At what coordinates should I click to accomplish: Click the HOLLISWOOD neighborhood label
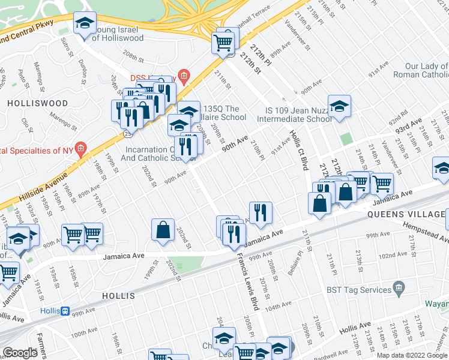[x=37, y=103]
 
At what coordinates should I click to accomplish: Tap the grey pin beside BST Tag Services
[x=397, y=289]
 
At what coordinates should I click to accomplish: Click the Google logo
[x=20, y=353]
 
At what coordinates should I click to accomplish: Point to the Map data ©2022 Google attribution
[x=412, y=355]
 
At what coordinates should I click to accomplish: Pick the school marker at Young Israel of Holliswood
[x=85, y=23]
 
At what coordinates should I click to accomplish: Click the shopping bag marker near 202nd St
[x=163, y=229]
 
